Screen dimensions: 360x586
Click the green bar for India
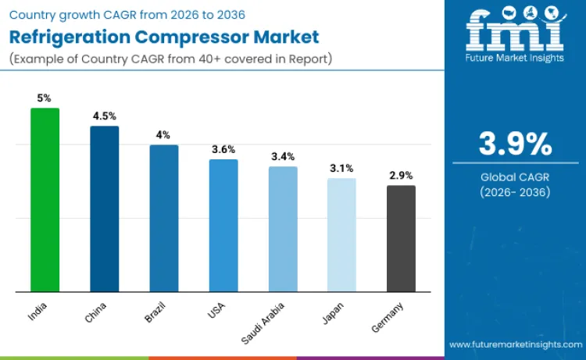[x=45, y=200]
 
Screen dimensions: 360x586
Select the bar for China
[x=104, y=209]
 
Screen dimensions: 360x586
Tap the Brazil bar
[x=164, y=219]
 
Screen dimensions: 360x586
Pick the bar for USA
[x=223, y=226]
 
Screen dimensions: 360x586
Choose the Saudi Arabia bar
[x=283, y=230]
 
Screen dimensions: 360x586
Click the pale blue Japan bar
[x=341, y=235]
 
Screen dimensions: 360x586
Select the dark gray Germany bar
[x=401, y=239]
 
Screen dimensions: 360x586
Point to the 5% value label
[x=45, y=98]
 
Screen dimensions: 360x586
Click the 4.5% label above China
[x=104, y=116]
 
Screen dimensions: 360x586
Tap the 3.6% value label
[x=223, y=149]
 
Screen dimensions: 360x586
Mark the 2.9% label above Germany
[x=401, y=176]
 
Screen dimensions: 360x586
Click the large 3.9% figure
[x=515, y=144]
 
